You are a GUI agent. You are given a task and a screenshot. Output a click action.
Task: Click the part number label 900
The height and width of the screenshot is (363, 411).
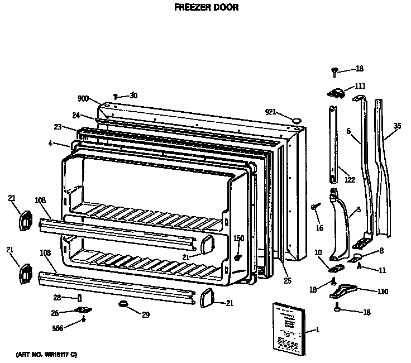click(x=83, y=99)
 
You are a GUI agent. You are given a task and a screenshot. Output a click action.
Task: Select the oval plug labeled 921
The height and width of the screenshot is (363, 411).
click(x=297, y=120)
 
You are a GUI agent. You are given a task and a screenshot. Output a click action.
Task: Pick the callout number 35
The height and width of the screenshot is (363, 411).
click(x=396, y=126)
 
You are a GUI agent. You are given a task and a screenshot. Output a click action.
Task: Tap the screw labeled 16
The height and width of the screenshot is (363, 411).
click(x=314, y=207)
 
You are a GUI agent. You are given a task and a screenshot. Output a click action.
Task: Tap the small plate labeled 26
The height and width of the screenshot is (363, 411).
click(x=83, y=311)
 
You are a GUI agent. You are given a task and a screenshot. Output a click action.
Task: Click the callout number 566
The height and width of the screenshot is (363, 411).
click(x=57, y=328)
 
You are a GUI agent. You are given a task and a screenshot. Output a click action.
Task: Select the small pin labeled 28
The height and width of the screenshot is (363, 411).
click(x=80, y=298)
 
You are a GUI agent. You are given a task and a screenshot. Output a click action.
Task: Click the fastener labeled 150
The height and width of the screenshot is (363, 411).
click(x=237, y=258)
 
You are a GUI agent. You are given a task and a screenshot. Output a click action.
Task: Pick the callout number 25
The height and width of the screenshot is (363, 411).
click(x=287, y=280)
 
